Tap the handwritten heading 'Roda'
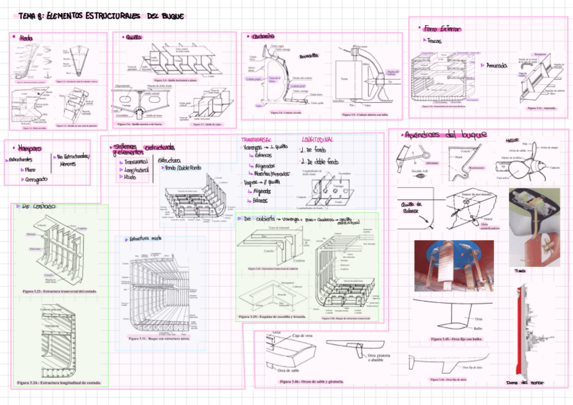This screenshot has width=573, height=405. [x=26, y=38]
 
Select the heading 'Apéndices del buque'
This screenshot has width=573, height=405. [x=447, y=135]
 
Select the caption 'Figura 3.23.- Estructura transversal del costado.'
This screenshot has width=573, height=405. [x=59, y=291]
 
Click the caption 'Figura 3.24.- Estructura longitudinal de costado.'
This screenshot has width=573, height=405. [x=59, y=383]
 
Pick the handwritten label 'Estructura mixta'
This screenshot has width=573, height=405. [x=147, y=239]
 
